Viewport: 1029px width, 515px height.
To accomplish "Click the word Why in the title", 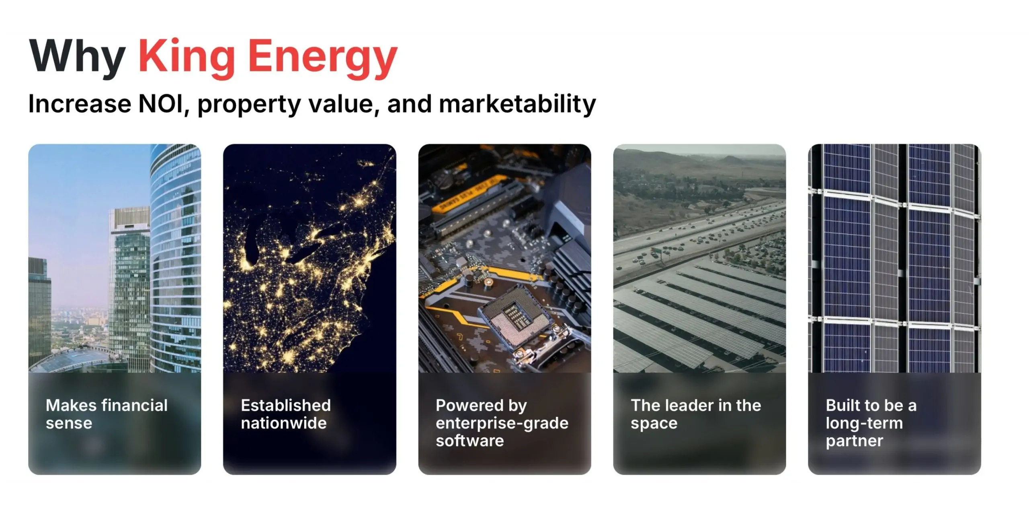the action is (x=77, y=56).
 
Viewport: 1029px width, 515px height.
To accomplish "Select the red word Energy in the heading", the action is (x=323, y=59).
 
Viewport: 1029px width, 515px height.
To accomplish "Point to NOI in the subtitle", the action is (x=161, y=104).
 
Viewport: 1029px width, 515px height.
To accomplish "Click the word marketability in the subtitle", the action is (x=517, y=105).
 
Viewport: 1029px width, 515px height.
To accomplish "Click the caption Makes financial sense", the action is (x=107, y=414).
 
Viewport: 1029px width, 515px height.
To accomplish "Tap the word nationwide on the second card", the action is (x=284, y=423).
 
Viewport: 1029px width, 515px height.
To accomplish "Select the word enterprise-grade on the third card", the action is (x=502, y=424).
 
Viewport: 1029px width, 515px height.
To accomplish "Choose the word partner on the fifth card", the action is (x=855, y=441).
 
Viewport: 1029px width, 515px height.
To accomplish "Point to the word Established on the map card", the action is (x=286, y=406).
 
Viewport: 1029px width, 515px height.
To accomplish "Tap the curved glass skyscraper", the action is (x=176, y=257).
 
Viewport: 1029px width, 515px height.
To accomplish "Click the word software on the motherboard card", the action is (x=470, y=441).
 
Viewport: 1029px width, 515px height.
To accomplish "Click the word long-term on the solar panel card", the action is (x=864, y=424).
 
